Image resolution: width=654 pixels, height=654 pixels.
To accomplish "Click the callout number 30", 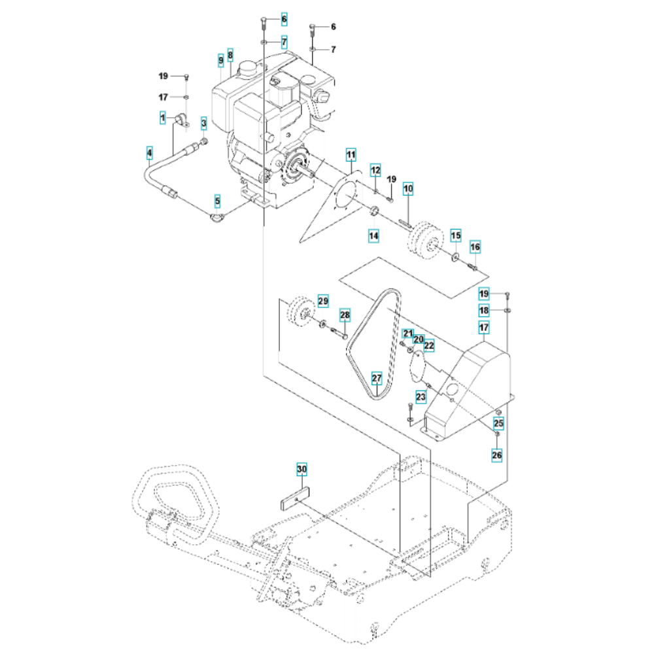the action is [301, 469].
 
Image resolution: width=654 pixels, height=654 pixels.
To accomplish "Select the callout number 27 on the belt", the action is [377, 378].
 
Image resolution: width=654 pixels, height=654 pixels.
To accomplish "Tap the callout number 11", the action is [351, 155].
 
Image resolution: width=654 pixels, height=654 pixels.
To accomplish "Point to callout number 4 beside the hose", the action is [149, 153].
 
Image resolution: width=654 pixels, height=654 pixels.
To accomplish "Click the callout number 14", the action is [373, 235].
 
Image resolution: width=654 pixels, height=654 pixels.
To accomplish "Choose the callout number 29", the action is [323, 301].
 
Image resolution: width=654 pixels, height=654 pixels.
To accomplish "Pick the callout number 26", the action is [497, 455].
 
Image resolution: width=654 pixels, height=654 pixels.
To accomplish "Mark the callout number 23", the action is [421, 397].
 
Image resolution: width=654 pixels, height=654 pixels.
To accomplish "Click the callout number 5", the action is [217, 201].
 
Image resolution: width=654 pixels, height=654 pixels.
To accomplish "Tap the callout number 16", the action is [475, 247].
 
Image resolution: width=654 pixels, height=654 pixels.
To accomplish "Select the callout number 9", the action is [220, 61].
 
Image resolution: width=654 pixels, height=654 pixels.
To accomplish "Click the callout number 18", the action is [484, 310].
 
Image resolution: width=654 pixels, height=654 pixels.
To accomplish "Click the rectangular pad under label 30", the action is [294, 498].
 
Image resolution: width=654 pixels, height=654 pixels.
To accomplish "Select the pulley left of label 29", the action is [301, 310].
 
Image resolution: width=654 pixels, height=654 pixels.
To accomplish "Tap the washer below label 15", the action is [455, 256].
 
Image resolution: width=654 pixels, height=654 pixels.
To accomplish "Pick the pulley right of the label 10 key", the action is [424, 241].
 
